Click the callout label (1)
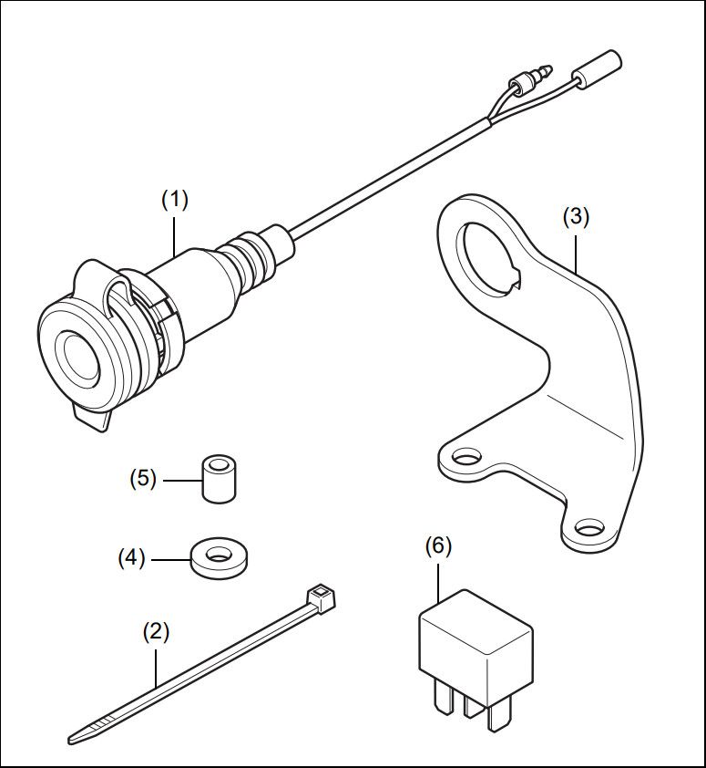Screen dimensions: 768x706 pos(174,200)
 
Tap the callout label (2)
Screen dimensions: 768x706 pos(157,631)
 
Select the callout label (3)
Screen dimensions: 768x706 pos(576,217)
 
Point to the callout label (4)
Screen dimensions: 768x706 pos(131,556)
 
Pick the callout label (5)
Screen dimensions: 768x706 pos(143,477)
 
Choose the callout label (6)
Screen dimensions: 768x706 pos(438,545)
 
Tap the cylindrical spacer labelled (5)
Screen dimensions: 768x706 pos(217,479)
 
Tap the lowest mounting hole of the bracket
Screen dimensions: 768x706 pos(588,528)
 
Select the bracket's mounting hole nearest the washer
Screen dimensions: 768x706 pos(466,455)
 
